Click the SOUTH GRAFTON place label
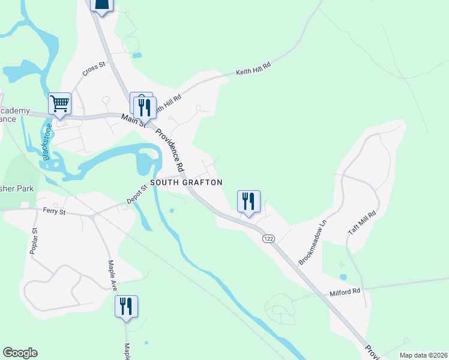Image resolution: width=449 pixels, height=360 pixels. coord(186,182)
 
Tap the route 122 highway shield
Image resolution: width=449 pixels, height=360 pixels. coord(268,239)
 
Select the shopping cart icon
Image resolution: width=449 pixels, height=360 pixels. coord(60,104)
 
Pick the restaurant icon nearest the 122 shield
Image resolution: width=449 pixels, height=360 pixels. coord(249,202)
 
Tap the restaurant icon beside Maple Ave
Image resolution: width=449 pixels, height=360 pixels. coord(126,307)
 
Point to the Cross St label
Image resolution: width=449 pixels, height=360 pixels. coord(94,70)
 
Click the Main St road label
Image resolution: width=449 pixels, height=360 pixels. coord(134,121)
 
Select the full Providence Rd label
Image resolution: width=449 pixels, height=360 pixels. coord(170,149)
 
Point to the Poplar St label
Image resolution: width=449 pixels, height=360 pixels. coord(34,240)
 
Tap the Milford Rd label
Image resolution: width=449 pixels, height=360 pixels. coord(345,292)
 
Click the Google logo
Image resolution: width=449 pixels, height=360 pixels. coord(20,353)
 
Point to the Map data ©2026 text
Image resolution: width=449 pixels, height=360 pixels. coord(423,355)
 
